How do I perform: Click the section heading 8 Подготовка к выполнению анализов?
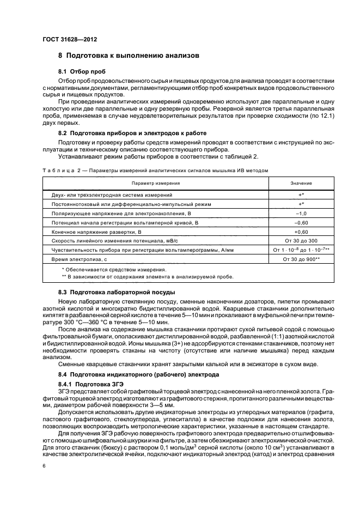(x=129, y=56)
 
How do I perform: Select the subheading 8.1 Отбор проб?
(x=82, y=72)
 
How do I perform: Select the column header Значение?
(x=301, y=183)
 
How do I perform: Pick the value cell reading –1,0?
(x=301, y=213)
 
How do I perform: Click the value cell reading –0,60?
(x=301, y=222)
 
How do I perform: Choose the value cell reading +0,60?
(x=301, y=232)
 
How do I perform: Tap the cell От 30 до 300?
(x=301, y=241)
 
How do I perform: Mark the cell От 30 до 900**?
(x=301, y=259)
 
